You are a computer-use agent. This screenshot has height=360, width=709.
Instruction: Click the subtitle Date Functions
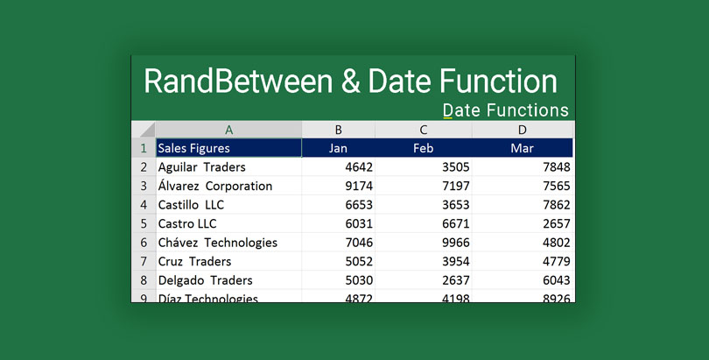(505, 110)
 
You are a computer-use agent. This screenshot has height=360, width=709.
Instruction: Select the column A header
(228, 130)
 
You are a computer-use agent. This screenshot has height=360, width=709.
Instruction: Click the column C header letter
(423, 130)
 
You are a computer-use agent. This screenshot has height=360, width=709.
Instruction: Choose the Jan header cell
(338, 148)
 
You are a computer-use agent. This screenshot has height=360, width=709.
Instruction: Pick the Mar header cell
(522, 148)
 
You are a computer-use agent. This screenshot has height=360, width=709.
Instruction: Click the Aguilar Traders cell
(201, 167)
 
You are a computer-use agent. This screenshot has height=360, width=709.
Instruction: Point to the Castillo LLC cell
(191, 205)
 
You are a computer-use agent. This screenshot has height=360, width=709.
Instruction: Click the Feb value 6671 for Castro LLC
(455, 224)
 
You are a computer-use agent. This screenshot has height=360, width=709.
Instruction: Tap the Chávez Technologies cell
(217, 243)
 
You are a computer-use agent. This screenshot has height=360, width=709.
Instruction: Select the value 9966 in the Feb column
(455, 243)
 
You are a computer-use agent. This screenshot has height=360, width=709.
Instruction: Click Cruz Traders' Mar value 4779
(556, 262)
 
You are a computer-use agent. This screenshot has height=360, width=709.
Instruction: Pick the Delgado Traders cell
(205, 280)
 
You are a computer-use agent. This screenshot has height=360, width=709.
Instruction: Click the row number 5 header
(144, 224)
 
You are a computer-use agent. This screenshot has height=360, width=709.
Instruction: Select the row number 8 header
(144, 280)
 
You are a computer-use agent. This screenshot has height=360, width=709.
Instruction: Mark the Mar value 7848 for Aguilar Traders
(556, 167)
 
